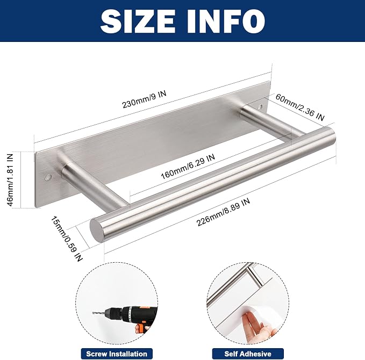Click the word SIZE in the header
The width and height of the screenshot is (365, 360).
[x=138, y=21]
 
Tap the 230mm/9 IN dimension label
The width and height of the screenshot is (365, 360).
[x=144, y=99]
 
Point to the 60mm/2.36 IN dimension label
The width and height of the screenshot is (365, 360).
[x=300, y=107]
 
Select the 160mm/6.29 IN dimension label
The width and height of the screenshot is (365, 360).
[x=188, y=167]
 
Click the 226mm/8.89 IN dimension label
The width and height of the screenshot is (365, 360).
[x=223, y=212]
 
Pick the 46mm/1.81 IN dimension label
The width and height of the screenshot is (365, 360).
[x=10, y=180]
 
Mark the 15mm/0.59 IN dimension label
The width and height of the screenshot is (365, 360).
[x=67, y=239]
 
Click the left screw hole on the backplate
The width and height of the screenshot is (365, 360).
[x=48, y=177]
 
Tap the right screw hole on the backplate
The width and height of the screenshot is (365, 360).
[x=261, y=107]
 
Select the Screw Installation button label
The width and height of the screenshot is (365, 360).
[x=117, y=354]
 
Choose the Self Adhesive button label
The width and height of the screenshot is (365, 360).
[x=248, y=354]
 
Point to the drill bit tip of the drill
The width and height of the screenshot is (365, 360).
[x=93, y=313]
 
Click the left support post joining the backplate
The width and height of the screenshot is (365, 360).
[x=94, y=184]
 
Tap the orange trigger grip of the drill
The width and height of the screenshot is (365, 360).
[x=140, y=328]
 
